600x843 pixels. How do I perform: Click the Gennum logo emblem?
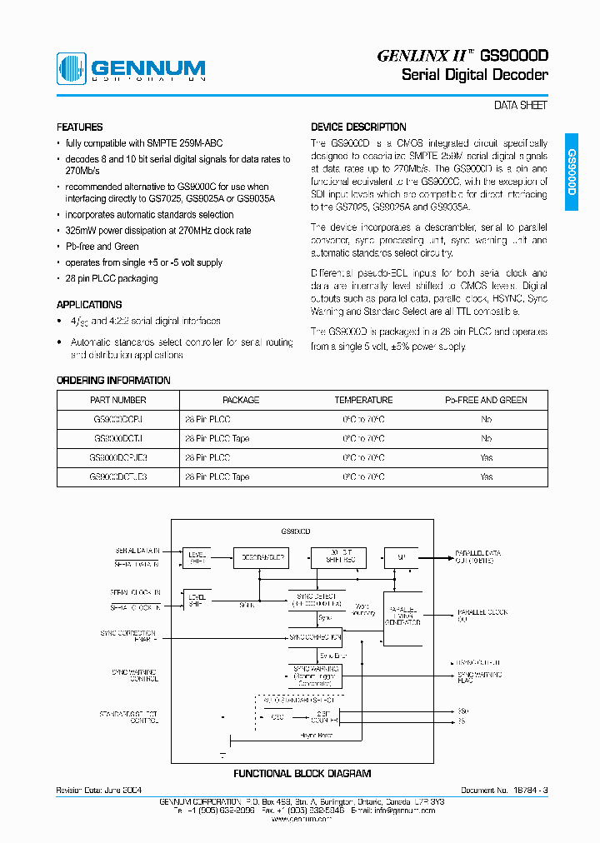coord(71,67)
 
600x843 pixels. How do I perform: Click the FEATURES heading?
coord(79,127)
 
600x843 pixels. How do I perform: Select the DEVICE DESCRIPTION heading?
coord(358,127)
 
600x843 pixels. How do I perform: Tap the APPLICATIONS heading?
coord(89,305)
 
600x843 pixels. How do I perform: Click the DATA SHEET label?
coord(521,106)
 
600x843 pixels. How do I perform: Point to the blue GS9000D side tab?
coord(571,172)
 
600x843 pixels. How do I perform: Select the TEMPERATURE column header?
coord(363,400)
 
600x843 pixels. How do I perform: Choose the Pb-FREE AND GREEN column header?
coord(486,400)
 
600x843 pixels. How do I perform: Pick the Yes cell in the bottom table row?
coord(487,477)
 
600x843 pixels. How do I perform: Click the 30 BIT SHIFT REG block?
coord(337,557)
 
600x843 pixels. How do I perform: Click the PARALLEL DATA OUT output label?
coord(478,556)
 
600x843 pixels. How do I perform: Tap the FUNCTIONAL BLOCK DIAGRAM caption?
coord(302,774)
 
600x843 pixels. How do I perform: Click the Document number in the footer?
coord(505,790)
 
